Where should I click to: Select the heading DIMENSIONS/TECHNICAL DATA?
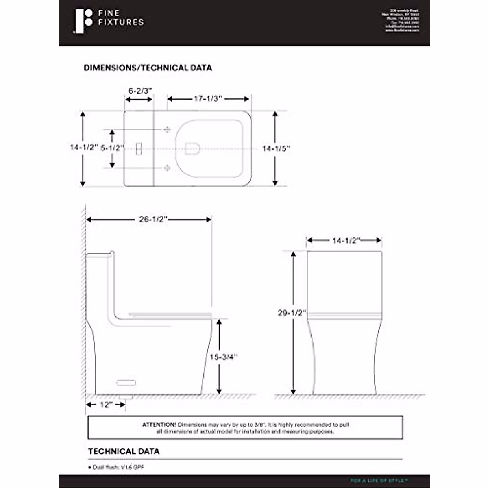[148, 68]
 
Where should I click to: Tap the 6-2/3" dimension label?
[140, 91]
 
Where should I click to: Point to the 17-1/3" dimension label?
[208, 98]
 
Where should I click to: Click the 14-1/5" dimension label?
[276, 149]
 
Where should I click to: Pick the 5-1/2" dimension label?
[112, 148]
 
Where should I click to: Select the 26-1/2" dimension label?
[153, 219]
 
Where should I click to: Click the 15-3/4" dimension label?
[223, 357]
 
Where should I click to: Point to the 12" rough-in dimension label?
[105, 405]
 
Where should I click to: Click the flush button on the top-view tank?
[138, 149]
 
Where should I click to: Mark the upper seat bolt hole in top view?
[167, 130]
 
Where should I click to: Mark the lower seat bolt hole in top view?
[167, 168]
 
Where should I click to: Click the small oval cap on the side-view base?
[126, 383]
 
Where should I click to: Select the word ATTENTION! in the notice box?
[159, 425]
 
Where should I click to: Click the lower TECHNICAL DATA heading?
[124, 451]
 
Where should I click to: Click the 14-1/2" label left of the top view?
[84, 147]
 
